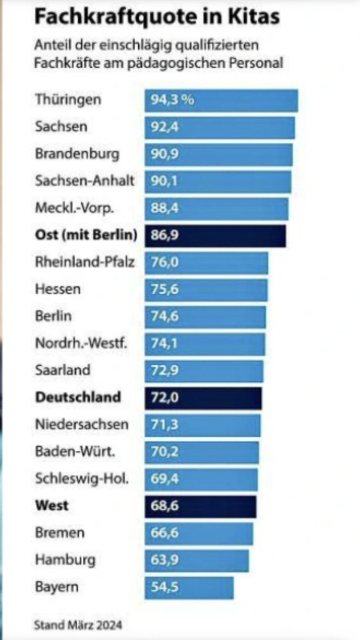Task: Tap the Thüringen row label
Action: (68, 100)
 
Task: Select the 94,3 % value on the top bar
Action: (172, 100)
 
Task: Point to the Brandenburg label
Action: (77, 154)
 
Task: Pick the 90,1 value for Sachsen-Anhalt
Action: (163, 181)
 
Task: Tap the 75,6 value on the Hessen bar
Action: (163, 290)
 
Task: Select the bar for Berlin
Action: (205, 316)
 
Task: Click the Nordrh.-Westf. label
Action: (81, 343)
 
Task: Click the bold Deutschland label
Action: (78, 397)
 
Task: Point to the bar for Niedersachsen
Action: (203, 425)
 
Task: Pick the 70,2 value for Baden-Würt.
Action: (163, 452)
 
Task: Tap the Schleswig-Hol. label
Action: (82, 478)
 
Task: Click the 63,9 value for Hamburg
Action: (163, 560)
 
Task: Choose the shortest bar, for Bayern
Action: (189, 587)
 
